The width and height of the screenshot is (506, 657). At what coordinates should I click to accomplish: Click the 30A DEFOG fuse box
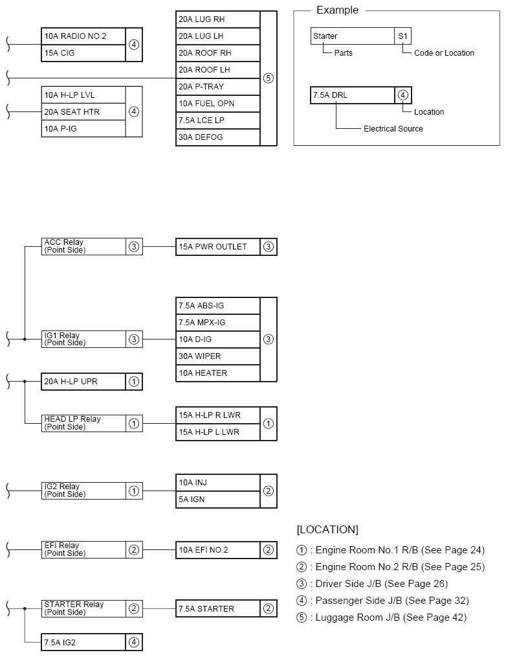coord(217,137)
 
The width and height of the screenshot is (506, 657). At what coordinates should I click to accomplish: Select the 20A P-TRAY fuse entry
coord(217,86)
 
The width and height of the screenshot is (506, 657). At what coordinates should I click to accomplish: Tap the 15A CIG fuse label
coord(83,52)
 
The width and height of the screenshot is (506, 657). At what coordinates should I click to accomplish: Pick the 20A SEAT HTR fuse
coord(83,112)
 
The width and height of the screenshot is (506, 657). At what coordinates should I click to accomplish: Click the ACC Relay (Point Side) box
coord(83,246)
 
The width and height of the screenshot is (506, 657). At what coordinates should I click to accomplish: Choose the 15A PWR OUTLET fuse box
coord(217,247)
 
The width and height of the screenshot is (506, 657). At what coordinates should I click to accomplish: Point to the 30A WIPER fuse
coord(217,356)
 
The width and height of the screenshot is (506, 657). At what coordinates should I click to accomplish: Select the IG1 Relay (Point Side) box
coord(83,339)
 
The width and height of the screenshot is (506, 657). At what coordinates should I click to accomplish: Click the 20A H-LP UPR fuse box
coord(83,382)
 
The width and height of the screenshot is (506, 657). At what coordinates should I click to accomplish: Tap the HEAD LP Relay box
coord(83,423)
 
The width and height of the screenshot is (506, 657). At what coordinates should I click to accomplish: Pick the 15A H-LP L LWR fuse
coord(217,432)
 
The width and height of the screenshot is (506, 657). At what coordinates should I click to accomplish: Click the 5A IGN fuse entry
coord(217,500)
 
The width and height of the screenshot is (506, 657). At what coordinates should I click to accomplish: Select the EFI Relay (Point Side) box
coord(83,550)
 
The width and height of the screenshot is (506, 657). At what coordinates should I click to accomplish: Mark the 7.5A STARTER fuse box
coord(217,609)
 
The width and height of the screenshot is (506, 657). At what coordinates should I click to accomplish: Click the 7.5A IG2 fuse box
coord(83,642)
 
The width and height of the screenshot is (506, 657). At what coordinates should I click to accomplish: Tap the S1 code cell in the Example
coord(402,36)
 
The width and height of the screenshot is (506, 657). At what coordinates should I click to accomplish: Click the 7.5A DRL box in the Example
coord(352,95)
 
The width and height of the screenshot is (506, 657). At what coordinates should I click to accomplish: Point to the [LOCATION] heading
coord(327,529)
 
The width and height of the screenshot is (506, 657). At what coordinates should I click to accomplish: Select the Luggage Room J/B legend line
coord(381,617)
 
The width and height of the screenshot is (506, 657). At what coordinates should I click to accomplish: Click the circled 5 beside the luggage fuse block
coord(269,78)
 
